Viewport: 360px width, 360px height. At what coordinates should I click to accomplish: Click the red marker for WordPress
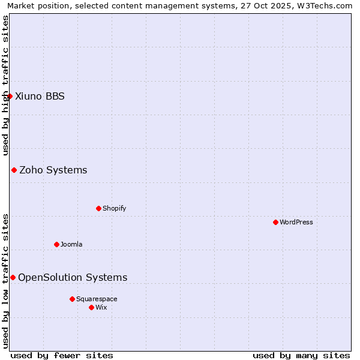click(x=275, y=222)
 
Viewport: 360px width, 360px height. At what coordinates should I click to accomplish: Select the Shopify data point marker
click(x=98, y=208)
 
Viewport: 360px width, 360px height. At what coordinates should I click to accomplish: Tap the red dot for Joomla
click(x=56, y=244)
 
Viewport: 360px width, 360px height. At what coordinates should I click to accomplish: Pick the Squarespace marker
click(x=72, y=299)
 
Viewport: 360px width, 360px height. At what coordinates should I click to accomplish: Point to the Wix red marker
click(x=91, y=307)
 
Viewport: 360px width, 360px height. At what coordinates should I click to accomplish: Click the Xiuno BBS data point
click(x=10, y=96)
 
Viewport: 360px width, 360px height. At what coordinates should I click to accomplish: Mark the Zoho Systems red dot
click(x=14, y=170)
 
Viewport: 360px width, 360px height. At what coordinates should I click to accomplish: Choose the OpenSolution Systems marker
click(x=13, y=277)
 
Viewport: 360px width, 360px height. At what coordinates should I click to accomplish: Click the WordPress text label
click(x=296, y=222)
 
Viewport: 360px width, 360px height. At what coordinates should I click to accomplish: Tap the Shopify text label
click(x=115, y=208)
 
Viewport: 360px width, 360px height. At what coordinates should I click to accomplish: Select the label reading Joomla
click(x=71, y=244)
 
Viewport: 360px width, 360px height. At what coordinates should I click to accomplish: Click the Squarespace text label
click(x=97, y=299)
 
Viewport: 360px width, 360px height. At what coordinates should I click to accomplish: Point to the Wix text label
click(x=101, y=307)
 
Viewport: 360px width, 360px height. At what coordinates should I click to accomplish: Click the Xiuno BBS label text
click(x=40, y=96)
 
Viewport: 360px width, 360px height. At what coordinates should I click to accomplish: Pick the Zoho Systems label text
click(x=53, y=170)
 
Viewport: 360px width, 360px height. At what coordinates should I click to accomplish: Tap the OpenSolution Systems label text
click(x=73, y=277)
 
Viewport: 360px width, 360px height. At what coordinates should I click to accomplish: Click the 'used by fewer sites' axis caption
click(x=62, y=355)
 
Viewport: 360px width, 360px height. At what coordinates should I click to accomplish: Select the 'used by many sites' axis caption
click(x=301, y=355)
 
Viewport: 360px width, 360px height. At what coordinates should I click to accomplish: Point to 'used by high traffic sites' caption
click(x=6, y=85)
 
